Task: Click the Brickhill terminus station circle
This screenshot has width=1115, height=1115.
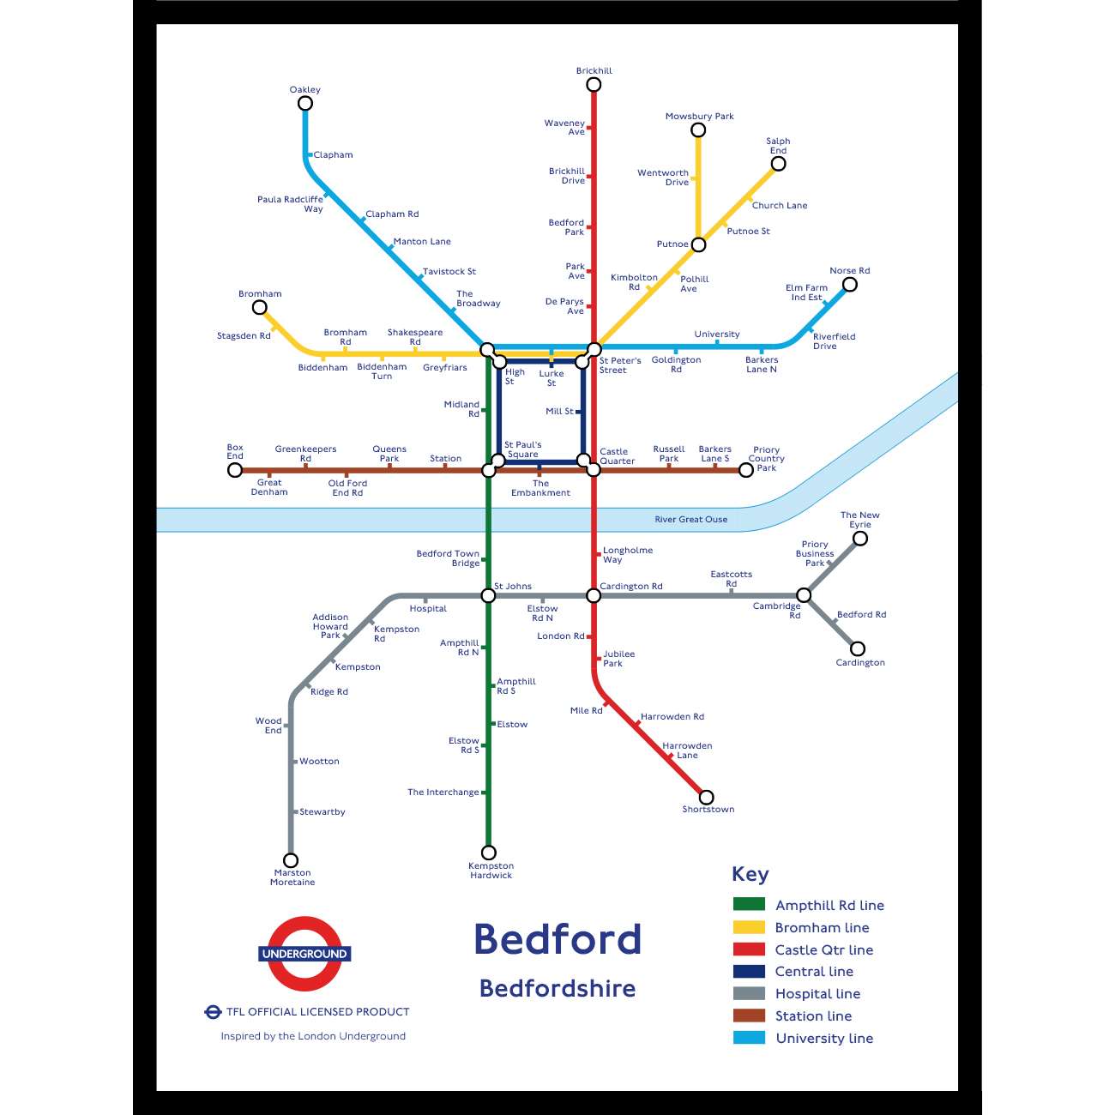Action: [x=594, y=84]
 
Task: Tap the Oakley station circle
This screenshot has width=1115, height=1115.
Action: [x=304, y=104]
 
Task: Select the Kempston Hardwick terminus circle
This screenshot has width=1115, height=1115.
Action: [x=488, y=853]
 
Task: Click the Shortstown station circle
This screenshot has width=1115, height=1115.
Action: [x=706, y=797]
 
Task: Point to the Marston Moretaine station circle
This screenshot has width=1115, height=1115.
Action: [x=291, y=860]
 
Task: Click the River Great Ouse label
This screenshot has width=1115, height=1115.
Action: [x=690, y=520]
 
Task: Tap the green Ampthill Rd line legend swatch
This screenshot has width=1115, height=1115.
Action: [x=749, y=904]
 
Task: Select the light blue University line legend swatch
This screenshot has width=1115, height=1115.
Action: [x=749, y=1038]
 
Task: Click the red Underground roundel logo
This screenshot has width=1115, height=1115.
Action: [x=304, y=954]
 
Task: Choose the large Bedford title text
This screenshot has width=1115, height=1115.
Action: [x=557, y=939]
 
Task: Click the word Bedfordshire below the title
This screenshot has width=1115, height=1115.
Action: [x=557, y=989]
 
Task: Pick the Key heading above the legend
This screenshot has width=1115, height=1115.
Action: [x=750, y=874]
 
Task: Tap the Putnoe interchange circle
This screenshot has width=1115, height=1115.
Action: [x=698, y=244]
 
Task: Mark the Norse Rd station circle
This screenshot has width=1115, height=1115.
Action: [x=849, y=285]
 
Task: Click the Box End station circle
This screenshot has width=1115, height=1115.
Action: [x=235, y=470]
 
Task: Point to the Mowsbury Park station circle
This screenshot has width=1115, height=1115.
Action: [x=698, y=130]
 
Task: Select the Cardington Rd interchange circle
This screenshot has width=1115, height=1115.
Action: [x=594, y=595]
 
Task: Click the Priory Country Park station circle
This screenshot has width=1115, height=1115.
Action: [x=746, y=470]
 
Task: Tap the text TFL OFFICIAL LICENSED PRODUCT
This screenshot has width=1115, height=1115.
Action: [x=317, y=1012]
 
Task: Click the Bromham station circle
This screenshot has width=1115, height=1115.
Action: [x=259, y=307]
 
